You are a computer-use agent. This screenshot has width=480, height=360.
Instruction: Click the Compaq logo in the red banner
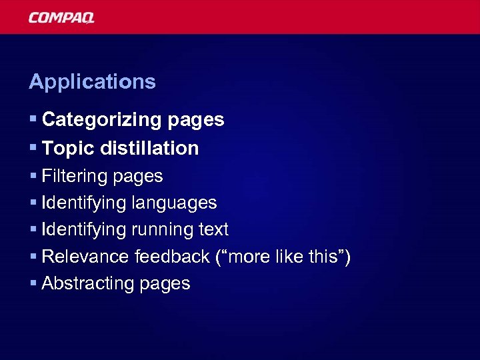click(61, 17)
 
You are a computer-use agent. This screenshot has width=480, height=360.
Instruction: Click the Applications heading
click(92, 82)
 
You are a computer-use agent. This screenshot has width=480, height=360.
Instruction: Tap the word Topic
click(69, 148)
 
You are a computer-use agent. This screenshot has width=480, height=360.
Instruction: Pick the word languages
click(175, 203)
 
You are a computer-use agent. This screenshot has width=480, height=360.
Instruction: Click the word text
click(213, 229)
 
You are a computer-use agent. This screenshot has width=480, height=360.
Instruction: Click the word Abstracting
click(88, 283)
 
